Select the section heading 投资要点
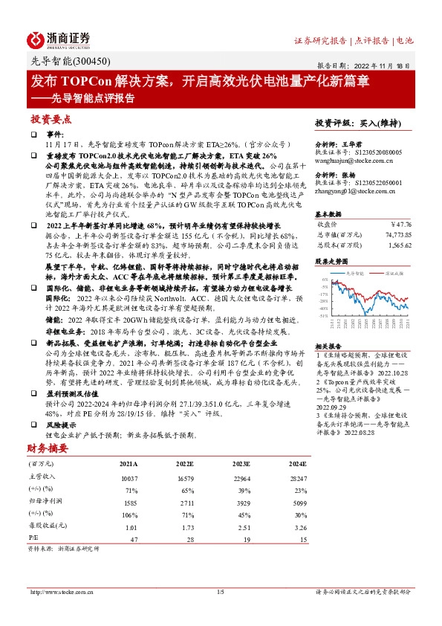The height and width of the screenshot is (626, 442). (51, 119)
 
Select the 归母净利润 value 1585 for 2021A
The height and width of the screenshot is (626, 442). (128, 503)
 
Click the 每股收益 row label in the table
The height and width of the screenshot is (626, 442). (48, 526)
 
